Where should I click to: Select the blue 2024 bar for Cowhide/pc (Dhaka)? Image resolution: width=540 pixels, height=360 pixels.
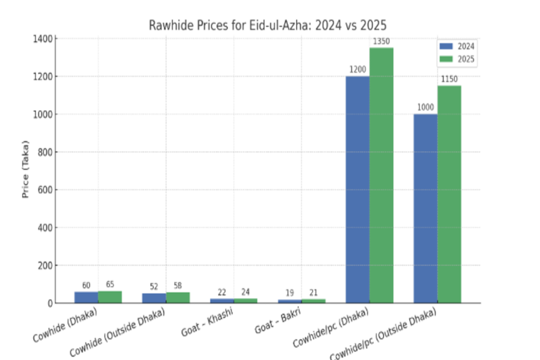[357, 190]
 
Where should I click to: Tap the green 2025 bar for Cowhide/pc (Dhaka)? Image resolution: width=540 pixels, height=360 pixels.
[381, 176]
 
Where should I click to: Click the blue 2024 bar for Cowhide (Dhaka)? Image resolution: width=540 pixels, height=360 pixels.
[86, 297]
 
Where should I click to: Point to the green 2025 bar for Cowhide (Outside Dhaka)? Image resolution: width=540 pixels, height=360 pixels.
[178, 297]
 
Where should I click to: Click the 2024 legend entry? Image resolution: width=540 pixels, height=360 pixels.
[458, 46]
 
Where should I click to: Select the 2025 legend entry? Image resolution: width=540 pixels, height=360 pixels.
[458, 59]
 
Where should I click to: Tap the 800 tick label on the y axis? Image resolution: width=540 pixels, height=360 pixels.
[44, 153]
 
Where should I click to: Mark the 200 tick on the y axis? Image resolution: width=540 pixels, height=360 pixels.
[44, 266]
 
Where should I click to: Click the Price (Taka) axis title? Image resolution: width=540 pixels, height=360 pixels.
[25, 171]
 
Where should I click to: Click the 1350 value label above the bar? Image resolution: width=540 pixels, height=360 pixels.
[381, 41]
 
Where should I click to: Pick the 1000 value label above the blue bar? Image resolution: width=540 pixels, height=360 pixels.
[425, 108]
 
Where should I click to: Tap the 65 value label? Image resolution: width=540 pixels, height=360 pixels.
[110, 285]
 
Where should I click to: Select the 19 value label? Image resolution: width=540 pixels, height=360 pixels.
[289, 293]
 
